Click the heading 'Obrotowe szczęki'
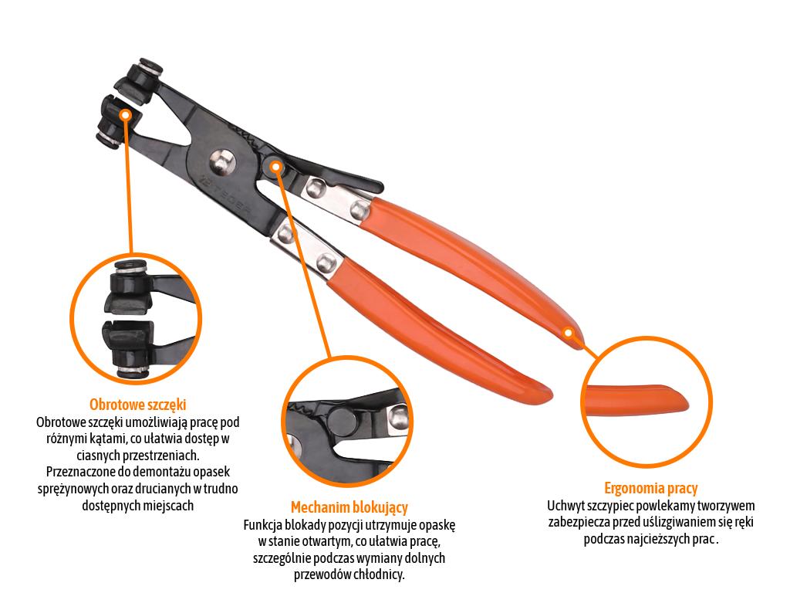pos(137,405)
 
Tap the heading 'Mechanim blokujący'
pos(349,507)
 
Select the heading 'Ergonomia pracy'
pos(650,488)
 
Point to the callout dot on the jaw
pos(126,116)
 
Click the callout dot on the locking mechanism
pos(275,166)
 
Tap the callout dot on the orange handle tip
pos(568,333)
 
